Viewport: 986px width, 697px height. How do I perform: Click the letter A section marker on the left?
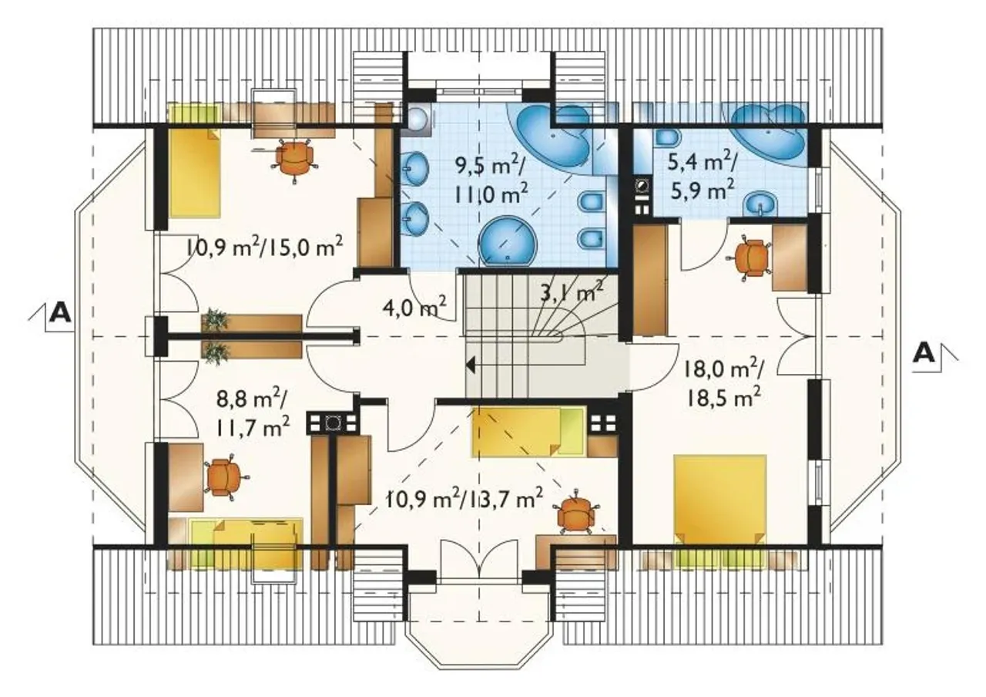click(61, 313)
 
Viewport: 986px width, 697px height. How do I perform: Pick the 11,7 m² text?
click(253, 426)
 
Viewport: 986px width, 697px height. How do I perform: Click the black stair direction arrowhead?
click(470, 366)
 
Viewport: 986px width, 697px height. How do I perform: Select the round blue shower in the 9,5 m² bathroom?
click(508, 241)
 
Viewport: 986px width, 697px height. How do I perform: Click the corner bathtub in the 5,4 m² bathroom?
click(769, 134)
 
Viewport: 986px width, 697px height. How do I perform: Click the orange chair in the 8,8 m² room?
click(223, 477)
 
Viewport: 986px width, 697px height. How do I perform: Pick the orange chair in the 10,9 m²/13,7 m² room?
click(576, 515)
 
